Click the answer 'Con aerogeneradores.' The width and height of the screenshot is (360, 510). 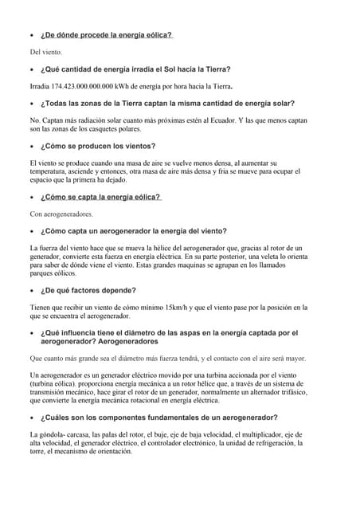pos(61,214)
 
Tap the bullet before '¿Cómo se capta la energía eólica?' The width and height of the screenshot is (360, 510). pos(30,198)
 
